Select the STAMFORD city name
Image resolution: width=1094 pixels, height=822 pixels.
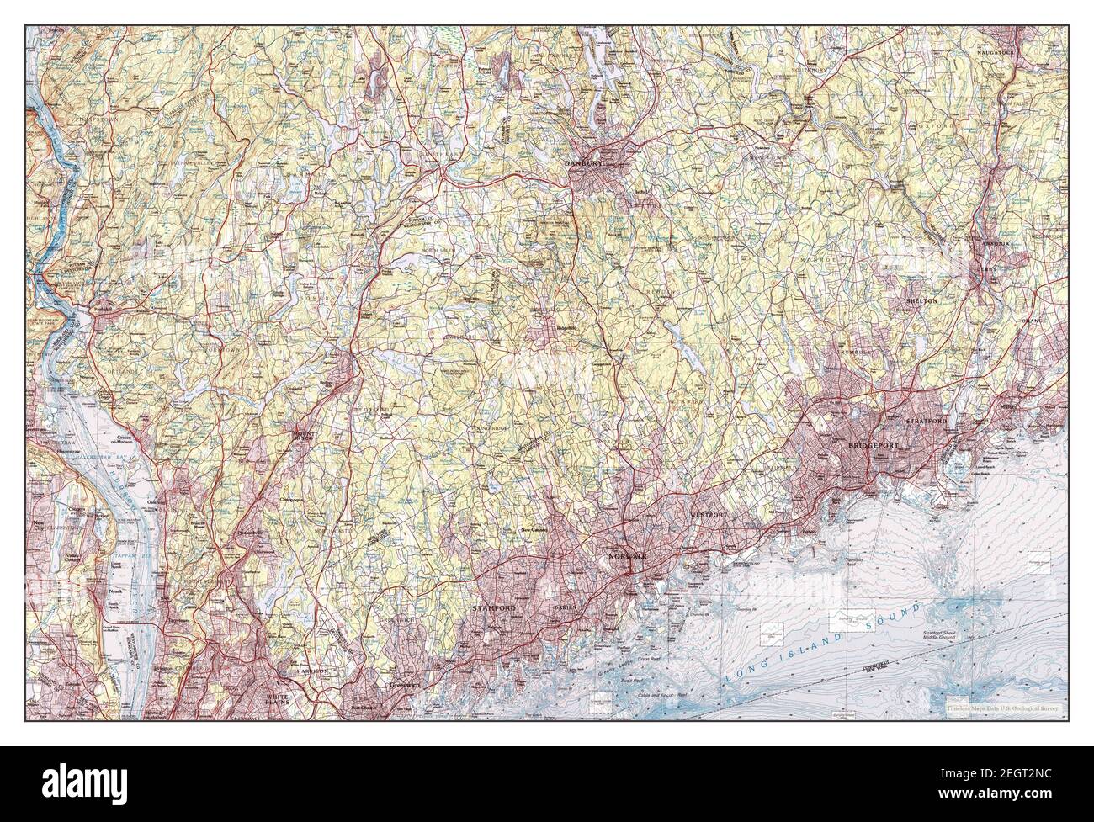point(491,607)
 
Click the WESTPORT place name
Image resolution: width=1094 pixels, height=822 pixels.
point(709,512)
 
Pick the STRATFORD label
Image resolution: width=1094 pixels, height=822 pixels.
point(927,420)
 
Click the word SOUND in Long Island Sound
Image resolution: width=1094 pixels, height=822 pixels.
point(892,613)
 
